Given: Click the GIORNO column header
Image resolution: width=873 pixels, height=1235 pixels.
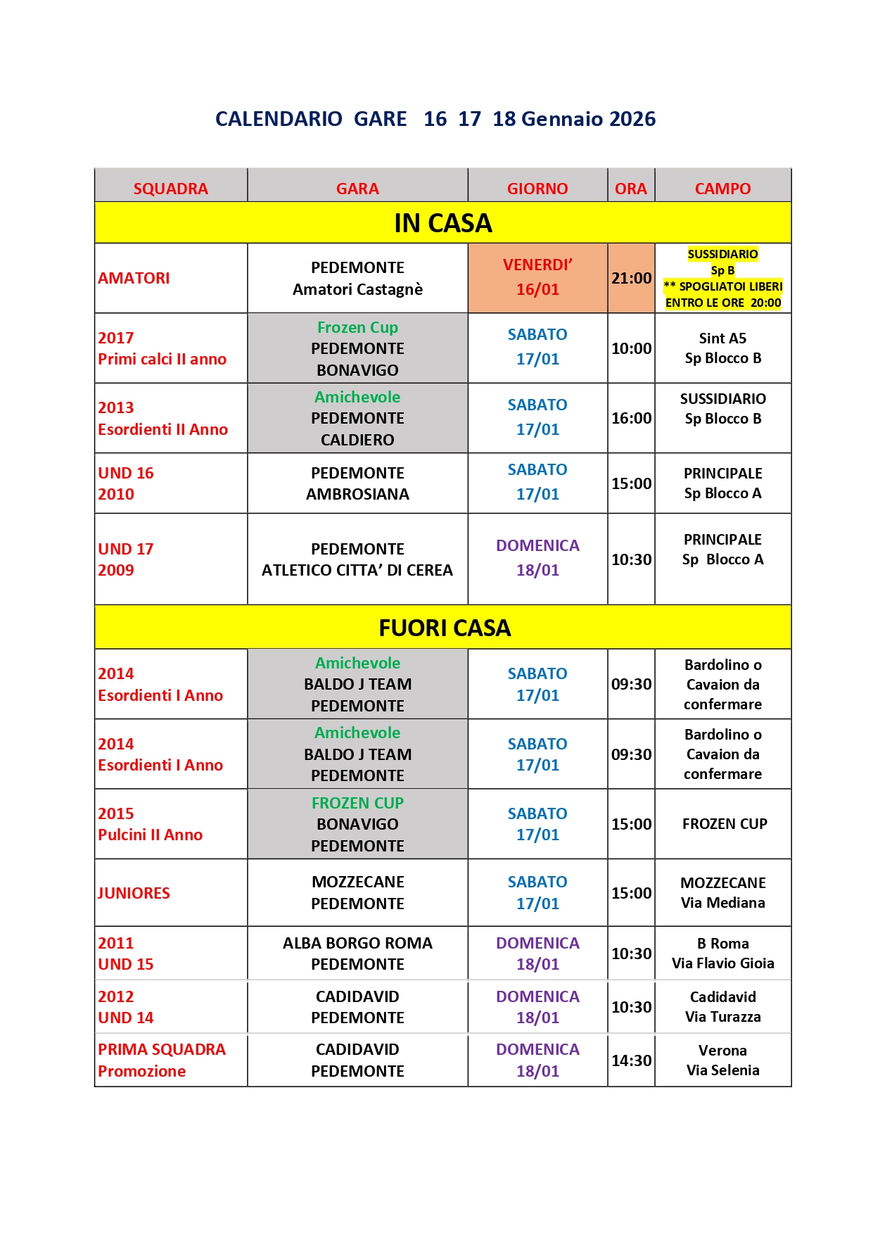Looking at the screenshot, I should (x=537, y=189).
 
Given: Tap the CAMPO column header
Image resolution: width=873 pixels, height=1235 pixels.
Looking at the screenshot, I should (x=722, y=189).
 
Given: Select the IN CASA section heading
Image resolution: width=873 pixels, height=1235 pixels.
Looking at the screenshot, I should (x=443, y=223).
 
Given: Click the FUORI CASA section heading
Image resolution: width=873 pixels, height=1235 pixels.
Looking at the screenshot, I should (x=445, y=628).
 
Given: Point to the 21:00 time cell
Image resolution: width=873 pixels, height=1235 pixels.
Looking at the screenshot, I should (x=631, y=278).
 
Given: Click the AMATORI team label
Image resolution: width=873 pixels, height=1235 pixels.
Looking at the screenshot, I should (x=134, y=278).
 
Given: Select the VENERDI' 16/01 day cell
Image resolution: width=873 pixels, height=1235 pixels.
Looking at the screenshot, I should (x=537, y=277).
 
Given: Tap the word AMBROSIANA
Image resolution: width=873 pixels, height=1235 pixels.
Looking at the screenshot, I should (x=357, y=494).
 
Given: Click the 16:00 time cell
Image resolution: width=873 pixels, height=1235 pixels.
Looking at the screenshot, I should (x=631, y=418).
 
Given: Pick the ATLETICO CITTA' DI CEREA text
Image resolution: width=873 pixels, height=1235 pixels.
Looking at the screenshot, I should (x=357, y=570).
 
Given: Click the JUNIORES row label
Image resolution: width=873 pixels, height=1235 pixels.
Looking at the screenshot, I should (x=134, y=893).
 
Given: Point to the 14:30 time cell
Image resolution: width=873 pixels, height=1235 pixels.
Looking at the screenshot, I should (x=631, y=1060).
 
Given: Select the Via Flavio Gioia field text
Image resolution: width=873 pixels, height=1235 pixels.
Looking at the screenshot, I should (x=722, y=963).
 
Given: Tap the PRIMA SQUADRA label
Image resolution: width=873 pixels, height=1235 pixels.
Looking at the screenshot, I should (x=162, y=1049).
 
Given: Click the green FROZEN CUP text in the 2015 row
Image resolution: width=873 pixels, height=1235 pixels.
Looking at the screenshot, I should (x=357, y=803).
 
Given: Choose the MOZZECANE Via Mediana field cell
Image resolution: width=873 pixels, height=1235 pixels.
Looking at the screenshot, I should (x=722, y=892).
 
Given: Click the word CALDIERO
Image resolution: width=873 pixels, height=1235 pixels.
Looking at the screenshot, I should (x=357, y=440).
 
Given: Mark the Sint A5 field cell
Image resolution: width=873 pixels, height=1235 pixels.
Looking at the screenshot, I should (x=722, y=348).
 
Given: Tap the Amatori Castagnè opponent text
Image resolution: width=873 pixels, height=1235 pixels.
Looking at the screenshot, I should (x=357, y=289).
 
